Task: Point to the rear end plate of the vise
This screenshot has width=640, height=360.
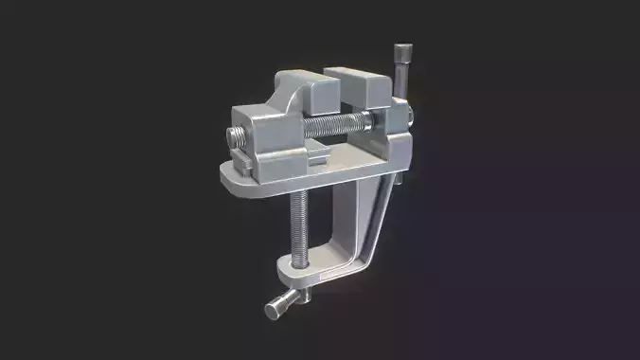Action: click(x=398, y=142)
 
